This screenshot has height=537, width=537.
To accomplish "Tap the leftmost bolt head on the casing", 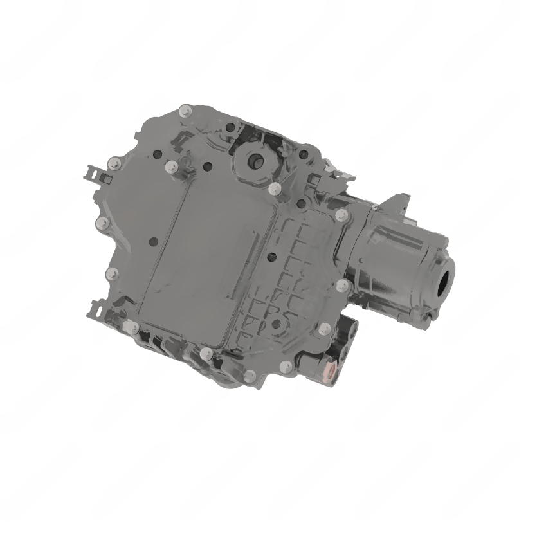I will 101,223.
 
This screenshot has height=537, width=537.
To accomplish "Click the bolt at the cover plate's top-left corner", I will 171,167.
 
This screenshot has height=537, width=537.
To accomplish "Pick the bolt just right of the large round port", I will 275,188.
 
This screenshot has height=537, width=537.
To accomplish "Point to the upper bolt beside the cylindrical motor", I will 342,215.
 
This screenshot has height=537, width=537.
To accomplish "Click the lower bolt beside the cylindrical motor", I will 343,284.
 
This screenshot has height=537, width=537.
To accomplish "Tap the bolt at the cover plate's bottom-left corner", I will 133,328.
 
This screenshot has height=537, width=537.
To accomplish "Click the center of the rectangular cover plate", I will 206,257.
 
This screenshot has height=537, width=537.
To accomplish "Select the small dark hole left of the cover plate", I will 153,242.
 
